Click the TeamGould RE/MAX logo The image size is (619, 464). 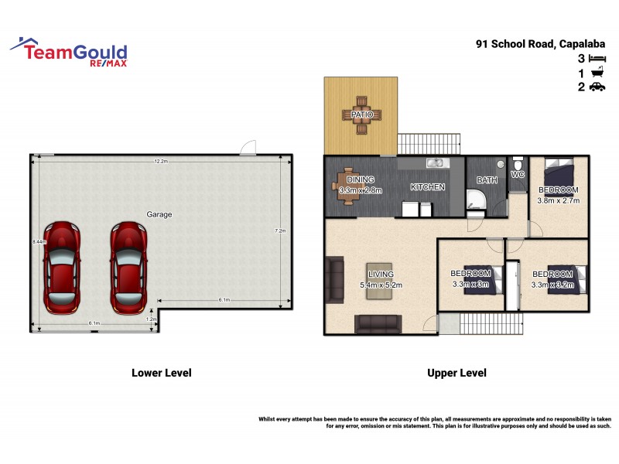(x=70, y=52)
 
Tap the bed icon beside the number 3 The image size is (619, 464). (x=597, y=59)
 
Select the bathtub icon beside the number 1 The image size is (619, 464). (x=597, y=73)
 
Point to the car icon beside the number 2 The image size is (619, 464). (x=597, y=87)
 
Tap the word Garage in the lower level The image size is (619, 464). (x=159, y=214)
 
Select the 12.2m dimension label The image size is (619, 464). (x=161, y=162)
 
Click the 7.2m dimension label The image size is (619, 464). (x=280, y=231)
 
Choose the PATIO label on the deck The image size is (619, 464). (x=361, y=114)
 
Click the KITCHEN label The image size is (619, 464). (x=427, y=187)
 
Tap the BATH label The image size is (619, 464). (x=487, y=180)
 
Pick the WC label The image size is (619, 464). (x=518, y=175)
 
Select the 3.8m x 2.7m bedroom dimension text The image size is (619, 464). (x=559, y=200)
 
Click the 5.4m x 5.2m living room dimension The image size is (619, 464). (x=381, y=285)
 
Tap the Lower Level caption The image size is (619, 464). (x=161, y=373)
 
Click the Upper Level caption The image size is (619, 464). (x=457, y=373)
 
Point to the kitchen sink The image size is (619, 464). (x=436, y=162)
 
